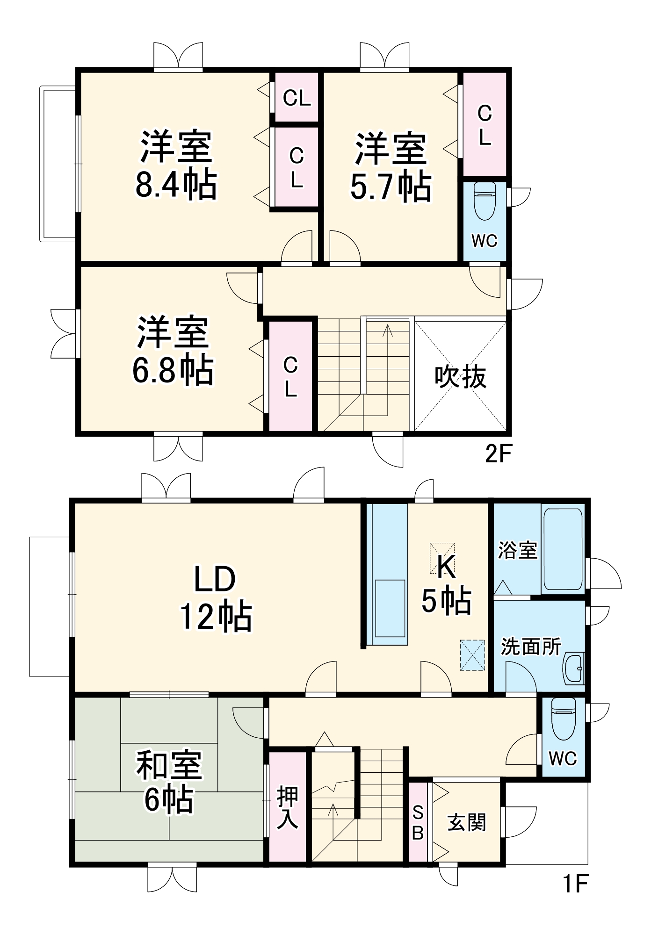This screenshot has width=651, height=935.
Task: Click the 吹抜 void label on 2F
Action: (x=461, y=377)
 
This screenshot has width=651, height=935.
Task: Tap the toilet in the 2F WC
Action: (x=485, y=201)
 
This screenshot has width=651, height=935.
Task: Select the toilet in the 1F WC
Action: (x=563, y=720)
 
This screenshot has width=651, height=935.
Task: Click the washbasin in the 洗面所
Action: (x=573, y=669)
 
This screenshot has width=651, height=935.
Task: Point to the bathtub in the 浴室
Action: (x=563, y=549)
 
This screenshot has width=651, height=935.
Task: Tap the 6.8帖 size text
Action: (x=173, y=370)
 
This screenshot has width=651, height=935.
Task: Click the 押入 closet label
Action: (x=287, y=807)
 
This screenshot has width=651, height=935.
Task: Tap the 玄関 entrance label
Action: (x=467, y=822)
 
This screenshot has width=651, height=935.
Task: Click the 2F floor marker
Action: (x=499, y=453)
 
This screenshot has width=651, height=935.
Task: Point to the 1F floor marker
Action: (x=574, y=883)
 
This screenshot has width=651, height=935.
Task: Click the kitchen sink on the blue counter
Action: (x=390, y=608)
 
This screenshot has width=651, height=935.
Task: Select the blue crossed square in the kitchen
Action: (x=472, y=655)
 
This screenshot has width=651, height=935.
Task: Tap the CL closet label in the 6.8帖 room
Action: (x=290, y=377)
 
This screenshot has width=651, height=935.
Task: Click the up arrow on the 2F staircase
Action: (x=387, y=331)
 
